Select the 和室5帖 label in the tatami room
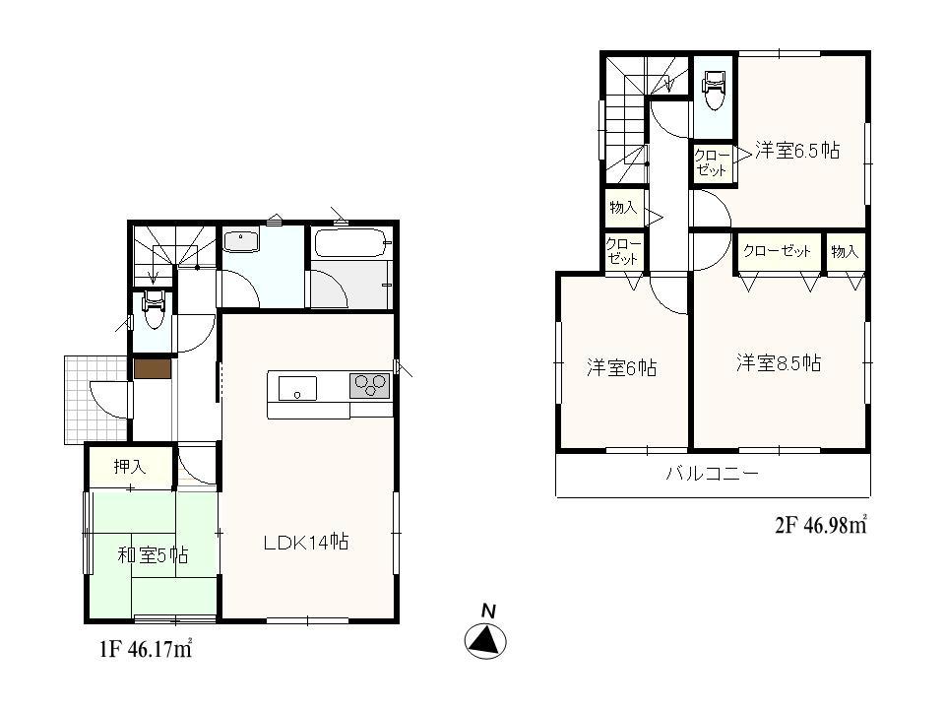pos(153,555)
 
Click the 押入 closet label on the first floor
pos(129,467)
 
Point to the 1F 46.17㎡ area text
pos(146,651)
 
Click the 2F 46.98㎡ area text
pos(819,525)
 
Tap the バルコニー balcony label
pos(712,474)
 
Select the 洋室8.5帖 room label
pos(779,363)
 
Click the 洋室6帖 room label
pos(621,368)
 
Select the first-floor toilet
pos(153,310)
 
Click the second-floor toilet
pos(713,91)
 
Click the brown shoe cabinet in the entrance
pos(152,369)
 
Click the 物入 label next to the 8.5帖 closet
pos(845,251)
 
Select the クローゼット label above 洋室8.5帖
pos(778,251)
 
